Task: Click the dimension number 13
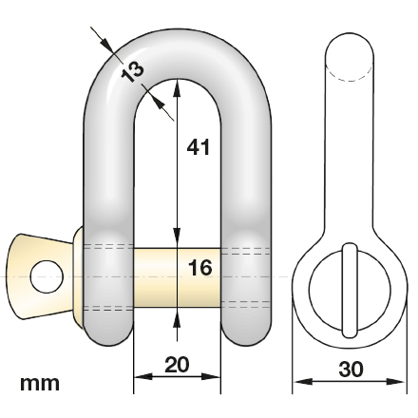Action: (132, 69)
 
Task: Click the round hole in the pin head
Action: (46, 275)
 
